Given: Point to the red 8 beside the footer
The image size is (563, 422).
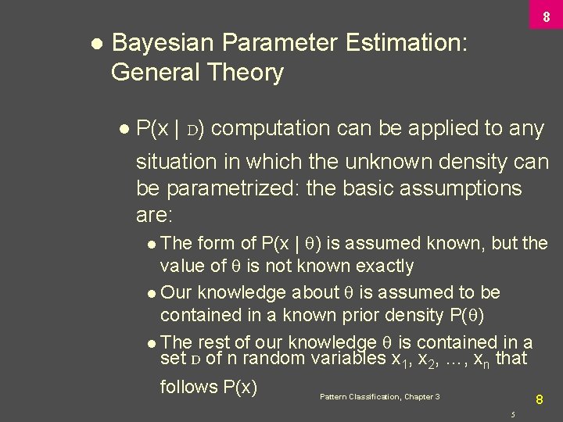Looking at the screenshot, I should click(539, 399).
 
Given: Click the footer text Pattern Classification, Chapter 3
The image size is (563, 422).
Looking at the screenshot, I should click(379, 397).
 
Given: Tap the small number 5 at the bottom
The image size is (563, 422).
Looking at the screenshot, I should click(512, 413).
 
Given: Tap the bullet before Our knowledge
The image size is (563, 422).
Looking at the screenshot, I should click(151, 293).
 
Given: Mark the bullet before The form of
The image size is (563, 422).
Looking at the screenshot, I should click(151, 244).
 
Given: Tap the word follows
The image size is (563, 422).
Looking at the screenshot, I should click(188, 387).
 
